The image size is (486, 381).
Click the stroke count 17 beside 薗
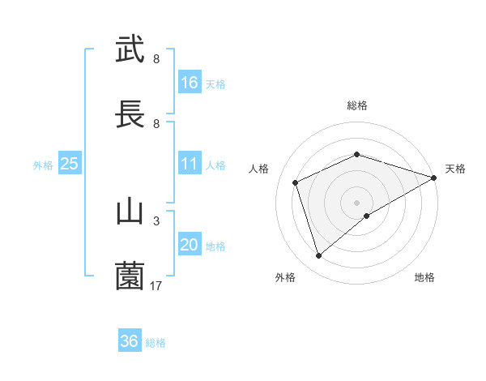(x=157, y=285)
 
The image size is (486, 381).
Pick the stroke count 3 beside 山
(x=156, y=220)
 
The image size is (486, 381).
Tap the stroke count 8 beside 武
(x=156, y=59)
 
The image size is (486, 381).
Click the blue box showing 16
(x=190, y=83)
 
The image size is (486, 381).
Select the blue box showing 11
(x=190, y=164)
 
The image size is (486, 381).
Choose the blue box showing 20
(x=190, y=245)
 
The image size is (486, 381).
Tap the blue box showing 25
(x=70, y=164)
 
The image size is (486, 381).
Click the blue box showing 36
(x=130, y=341)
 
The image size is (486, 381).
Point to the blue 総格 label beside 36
(x=156, y=343)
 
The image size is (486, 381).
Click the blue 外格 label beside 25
(x=43, y=165)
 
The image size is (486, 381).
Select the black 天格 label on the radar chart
(x=455, y=169)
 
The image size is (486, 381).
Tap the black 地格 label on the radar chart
(x=424, y=277)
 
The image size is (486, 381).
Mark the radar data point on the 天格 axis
(x=435, y=178)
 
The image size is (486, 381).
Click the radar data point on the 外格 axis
(x=318, y=256)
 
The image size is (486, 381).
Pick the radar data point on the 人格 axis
(x=296, y=182)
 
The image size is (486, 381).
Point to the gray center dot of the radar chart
(x=357, y=202)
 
